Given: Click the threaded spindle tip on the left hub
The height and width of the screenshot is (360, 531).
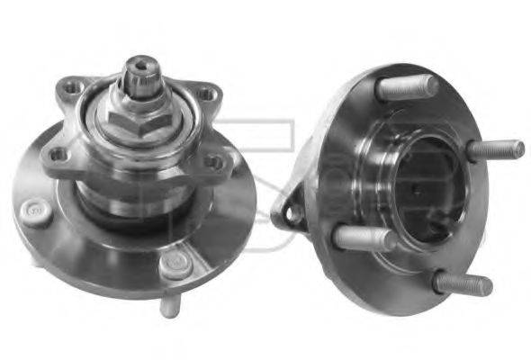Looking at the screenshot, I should tap(142, 69).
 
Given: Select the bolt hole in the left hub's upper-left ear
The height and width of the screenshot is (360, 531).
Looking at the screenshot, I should tap(68, 87).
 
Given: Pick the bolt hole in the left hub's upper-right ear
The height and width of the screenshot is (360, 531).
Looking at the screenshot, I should tap(207, 94).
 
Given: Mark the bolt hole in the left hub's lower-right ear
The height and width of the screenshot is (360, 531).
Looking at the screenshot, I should tap(213, 162).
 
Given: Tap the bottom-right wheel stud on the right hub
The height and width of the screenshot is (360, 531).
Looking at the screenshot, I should tap(462, 284).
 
